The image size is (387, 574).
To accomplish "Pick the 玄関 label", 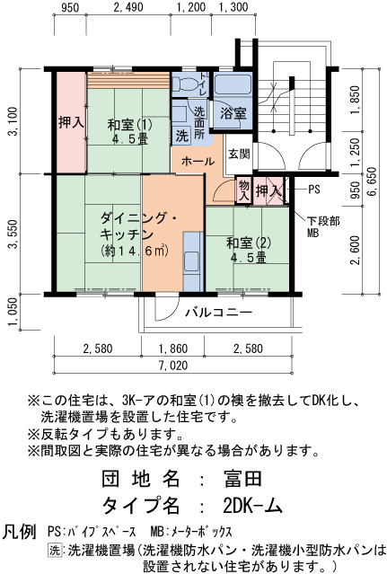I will (239, 154).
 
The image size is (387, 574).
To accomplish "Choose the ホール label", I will (198, 162).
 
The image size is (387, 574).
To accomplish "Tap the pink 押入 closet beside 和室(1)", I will (71, 122).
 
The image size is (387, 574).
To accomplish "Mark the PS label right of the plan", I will (314, 190).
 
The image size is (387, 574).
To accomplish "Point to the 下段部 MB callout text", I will (319, 226).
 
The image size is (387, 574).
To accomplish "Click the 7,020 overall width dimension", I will (173, 365).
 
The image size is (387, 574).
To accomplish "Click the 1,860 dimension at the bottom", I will (172, 348).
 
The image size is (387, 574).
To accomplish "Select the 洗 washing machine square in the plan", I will (182, 137).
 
